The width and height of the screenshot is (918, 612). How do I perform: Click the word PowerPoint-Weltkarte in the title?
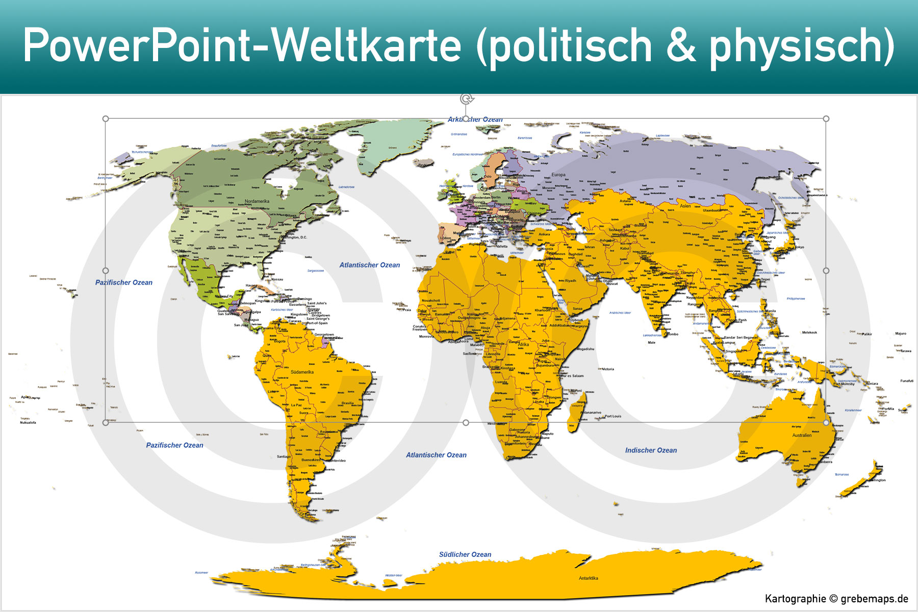click(242, 46)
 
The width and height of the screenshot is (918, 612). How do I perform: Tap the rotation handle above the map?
click(466, 99)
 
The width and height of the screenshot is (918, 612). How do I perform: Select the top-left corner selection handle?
click(106, 119)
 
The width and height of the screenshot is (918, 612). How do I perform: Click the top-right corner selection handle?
click(826, 119)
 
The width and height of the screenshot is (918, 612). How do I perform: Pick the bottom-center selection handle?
click(466, 423)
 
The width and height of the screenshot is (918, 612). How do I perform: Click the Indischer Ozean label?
click(651, 450)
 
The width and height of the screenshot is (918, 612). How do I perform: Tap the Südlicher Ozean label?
click(465, 554)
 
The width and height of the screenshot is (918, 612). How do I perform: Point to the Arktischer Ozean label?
click(475, 119)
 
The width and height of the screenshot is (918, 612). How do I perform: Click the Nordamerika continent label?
click(257, 201)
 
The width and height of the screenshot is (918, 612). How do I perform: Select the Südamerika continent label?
click(302, 372)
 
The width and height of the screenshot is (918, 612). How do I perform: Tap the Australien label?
click(802, 436)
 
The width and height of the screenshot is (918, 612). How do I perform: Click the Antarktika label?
click(588, 578)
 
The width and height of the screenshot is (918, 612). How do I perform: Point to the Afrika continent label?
click(524, 345)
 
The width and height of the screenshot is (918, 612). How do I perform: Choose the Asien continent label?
click(685, 206)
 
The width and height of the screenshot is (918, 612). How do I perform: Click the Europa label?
click(558, 175)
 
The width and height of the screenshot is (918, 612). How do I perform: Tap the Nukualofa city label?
click(28, 423)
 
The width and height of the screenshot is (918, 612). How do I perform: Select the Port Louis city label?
click(613, 416)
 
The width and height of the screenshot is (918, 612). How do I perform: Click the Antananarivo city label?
click(591, 413)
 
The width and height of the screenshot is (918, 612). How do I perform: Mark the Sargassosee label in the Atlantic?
click(316, 271)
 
